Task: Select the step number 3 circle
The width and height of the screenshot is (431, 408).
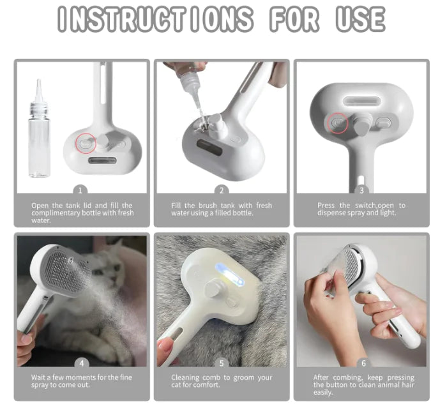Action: coord(361,190)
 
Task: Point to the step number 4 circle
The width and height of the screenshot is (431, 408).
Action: coord(81,363)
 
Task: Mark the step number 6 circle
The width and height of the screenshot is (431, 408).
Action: coord(363,363)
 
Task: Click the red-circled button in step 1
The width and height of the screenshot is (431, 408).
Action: coord(84,143)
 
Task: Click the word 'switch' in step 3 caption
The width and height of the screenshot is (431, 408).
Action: coord(367,205)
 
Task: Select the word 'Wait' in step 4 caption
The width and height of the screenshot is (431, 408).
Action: coord(39,377)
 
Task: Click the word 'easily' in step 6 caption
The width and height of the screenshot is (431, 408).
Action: coord(324,393)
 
